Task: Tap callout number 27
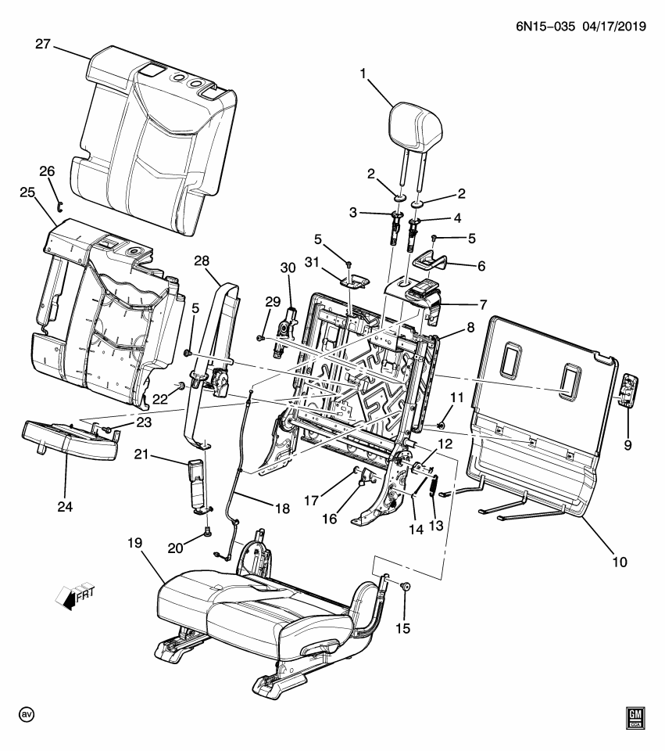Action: [x=43, y=45]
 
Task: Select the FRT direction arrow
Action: [x=70, y=597]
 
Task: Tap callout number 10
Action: [x=619, y=561]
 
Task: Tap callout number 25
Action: [x=28, y=192]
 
